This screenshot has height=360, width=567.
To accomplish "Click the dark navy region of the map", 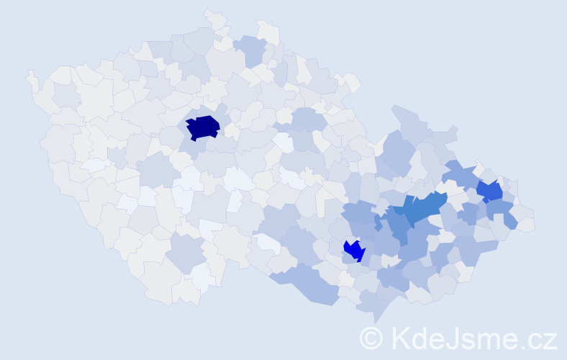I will coord(203,127).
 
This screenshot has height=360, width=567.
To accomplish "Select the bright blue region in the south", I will coord(354,250).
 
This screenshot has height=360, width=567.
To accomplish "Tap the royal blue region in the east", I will coord(490,191).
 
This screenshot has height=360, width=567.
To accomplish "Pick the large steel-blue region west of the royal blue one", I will coord(417,210).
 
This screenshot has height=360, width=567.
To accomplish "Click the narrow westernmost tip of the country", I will coord(30,76).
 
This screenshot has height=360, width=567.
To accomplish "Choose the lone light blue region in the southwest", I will coord(186,252).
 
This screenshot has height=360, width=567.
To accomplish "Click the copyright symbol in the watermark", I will coord(371,338).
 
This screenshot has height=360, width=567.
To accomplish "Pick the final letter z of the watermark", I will coord(550,341).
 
